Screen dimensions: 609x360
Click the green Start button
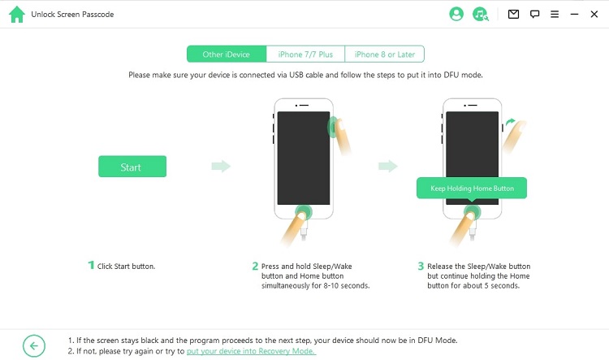coord(132,167)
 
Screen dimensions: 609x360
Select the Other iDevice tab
coord(227,54)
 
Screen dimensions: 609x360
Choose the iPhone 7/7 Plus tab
coord(305,54)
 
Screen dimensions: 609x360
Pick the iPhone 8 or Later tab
coord(385,54)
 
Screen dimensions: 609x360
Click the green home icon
coord(17,15)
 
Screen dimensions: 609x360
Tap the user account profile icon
coord(456,14)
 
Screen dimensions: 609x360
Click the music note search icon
coord(481,14)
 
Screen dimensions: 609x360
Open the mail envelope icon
coord(513,14)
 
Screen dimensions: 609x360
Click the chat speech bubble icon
coord(535,15)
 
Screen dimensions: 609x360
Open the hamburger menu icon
coord(555,14)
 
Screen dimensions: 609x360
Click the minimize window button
coord(574,14)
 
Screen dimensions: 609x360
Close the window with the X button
coord(594,14)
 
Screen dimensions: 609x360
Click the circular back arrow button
coord(34,345)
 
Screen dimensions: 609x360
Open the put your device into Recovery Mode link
coord(251,351)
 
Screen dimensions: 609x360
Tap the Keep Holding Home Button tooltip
coord(472,189)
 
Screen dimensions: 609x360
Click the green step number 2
coord(255,266)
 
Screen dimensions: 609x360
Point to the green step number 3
coord(421,266)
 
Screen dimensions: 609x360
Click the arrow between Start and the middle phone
coord(221,166)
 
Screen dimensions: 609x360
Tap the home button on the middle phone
coord(304,212)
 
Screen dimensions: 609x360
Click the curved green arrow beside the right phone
coord(510,122)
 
